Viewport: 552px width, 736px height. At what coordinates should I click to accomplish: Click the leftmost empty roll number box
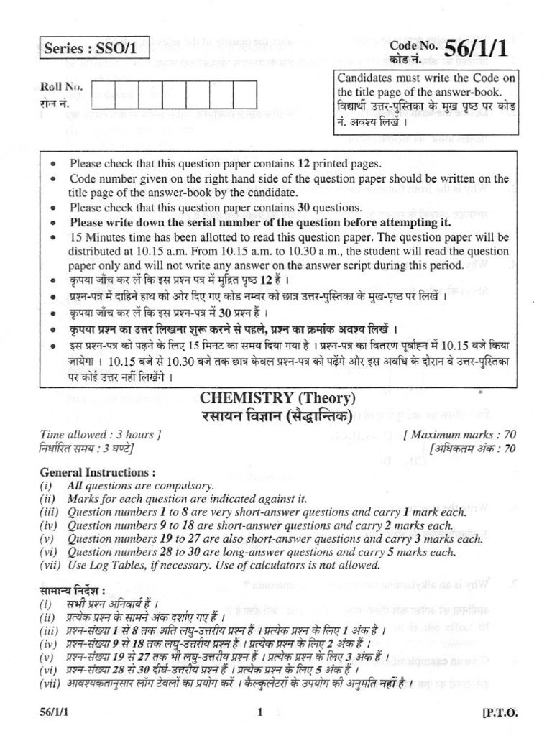[x=103, y=93]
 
